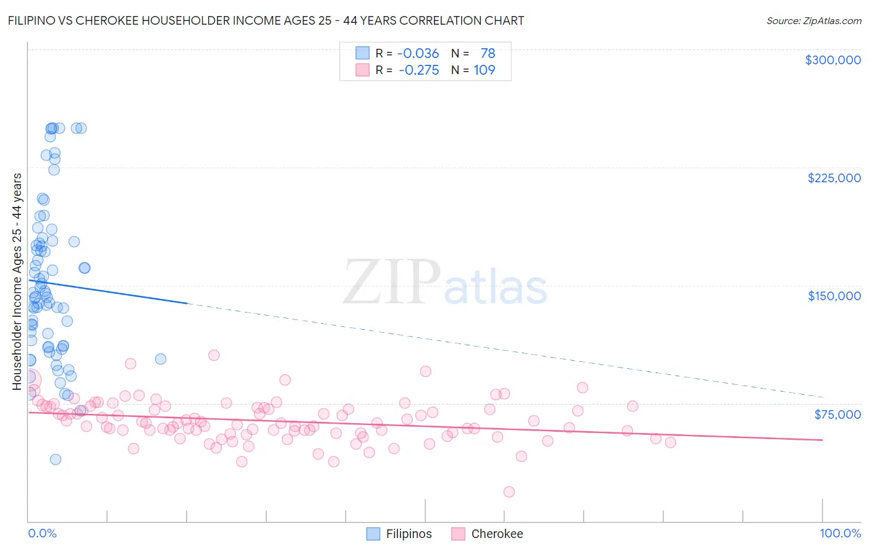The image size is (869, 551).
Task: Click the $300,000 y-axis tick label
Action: coord(833,60)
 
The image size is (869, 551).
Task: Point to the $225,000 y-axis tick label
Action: coord(834,178)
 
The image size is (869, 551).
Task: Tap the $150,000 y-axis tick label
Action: coord(834,296)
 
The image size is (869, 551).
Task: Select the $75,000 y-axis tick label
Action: coord(837,414)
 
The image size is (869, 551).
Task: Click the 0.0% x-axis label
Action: coord(42,533)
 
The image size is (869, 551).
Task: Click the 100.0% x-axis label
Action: coord(840,533)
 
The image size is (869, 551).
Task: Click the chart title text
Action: coord(266,20)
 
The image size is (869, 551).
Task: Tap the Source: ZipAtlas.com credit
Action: coord(813,20)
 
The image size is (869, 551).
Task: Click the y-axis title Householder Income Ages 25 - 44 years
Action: coord(17,282)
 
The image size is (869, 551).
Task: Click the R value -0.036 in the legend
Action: coord(418,54)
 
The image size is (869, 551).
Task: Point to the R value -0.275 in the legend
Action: coord(418,70)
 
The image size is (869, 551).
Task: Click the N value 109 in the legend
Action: coord(484,70)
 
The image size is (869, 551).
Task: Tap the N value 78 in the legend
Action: coord(488,54)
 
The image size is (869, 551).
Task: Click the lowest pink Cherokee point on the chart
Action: coord(509,492)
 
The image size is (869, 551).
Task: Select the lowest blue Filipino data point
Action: coord(55,459)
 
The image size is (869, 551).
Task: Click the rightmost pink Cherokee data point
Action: coord(670,442)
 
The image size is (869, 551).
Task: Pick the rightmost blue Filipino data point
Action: coord(161,359)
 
